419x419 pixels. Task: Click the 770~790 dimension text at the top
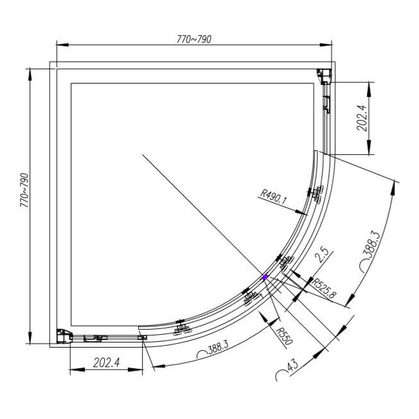193,39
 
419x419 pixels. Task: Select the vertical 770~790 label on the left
25,188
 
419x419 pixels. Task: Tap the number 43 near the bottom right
291,368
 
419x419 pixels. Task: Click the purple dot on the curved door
265,277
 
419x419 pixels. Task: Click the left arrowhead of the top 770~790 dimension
60,45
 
